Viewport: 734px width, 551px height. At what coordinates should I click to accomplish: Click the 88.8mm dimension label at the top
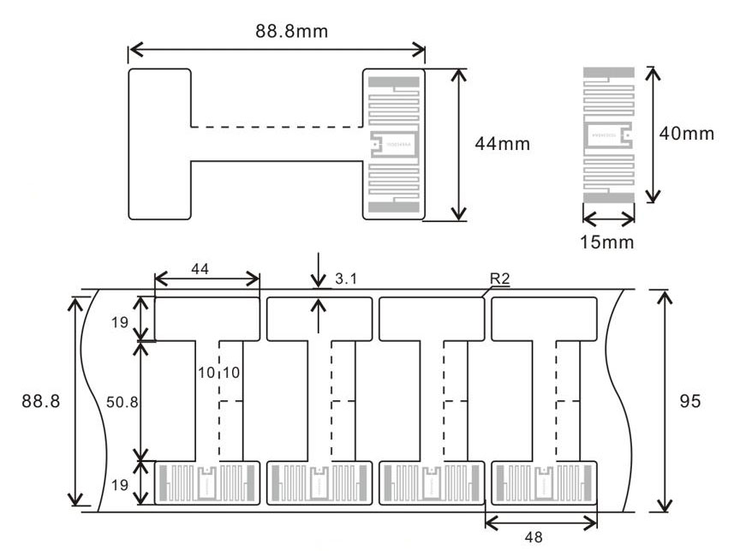pyautogui.click(x=291, y=31)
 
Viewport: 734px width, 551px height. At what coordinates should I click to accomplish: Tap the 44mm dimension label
pyautogui.click(x=502, y=144)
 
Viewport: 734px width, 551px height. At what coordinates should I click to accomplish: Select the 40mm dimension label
pyautogui.click(x=687, y=135)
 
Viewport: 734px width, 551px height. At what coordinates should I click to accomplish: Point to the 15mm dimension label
pyautogui.click(x=608, y=242)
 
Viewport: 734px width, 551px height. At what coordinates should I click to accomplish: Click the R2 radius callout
pyautogui.click(x=501, y=278)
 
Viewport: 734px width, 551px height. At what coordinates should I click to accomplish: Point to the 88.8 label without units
pyautogui.click(x=40, y=401)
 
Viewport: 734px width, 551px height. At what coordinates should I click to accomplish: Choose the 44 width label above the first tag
pyautogui.click(x=200, y=268)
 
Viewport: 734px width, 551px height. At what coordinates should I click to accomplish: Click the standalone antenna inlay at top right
pyautogui.click(x=609, y=135)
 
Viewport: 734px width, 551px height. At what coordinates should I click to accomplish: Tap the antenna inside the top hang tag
pyautogui.click(x=393, y=144)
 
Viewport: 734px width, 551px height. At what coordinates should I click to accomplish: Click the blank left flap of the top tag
pyautogui.click(x=159, y=143)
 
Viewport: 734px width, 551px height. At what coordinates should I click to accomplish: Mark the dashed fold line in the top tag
pyautogui.click(x=276, y=127)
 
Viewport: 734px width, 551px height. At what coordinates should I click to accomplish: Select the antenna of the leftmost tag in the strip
pyautogui.click(x=207, y=484)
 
